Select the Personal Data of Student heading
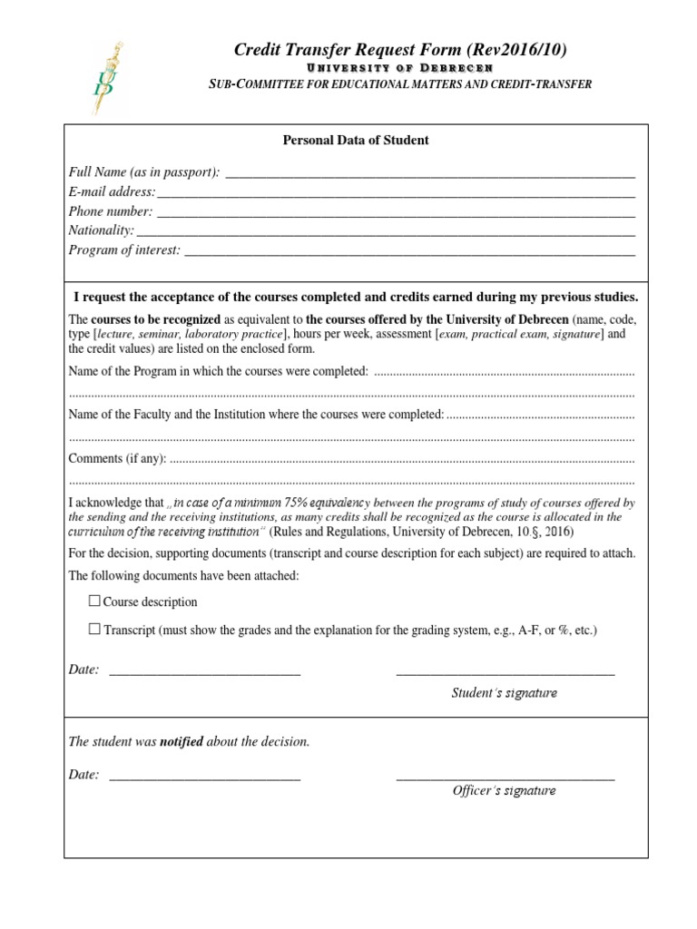(356, 141)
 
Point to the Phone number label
(111, 211)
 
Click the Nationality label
(102, 230)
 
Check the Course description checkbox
(94, 601)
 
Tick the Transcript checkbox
(94, 628)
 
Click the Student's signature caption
(505, 693)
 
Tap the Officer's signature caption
(505, 790)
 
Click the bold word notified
(182, 742)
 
